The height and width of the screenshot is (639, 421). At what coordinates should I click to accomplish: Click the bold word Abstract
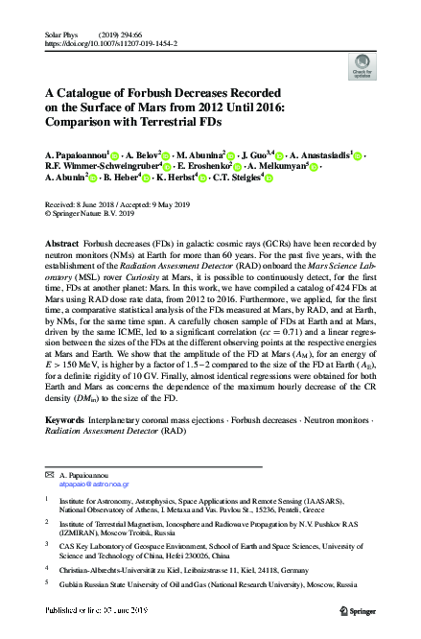click(63, 244)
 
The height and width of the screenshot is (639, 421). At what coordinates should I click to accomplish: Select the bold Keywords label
click(67, 447)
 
